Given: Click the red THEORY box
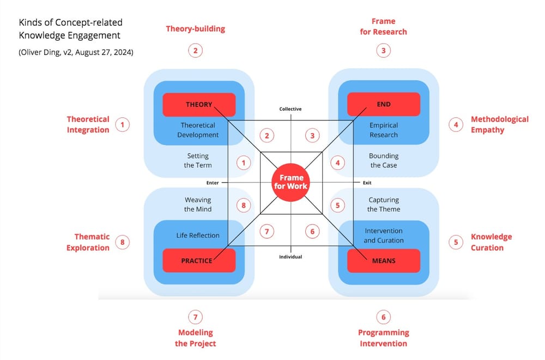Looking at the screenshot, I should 199,104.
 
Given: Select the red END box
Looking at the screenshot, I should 384,104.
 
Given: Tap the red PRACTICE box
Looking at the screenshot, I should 199,261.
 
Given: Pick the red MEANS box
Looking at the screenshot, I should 384,261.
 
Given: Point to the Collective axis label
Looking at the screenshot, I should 290,109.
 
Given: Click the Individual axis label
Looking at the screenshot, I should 290,256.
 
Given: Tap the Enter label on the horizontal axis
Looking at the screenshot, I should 213,183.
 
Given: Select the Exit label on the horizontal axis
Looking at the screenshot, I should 367,183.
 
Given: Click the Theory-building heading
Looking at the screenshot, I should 195,29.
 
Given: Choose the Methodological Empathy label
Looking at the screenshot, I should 499,124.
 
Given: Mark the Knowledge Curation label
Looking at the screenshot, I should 491,242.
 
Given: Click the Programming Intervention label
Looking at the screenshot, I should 383,338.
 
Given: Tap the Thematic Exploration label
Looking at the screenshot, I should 88,242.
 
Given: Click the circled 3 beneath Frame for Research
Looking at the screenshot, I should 384,51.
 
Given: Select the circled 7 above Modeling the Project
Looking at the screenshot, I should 195,316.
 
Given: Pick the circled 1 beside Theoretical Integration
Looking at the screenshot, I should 123,124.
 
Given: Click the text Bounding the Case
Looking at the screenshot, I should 383,160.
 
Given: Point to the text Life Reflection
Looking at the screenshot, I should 198,236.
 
